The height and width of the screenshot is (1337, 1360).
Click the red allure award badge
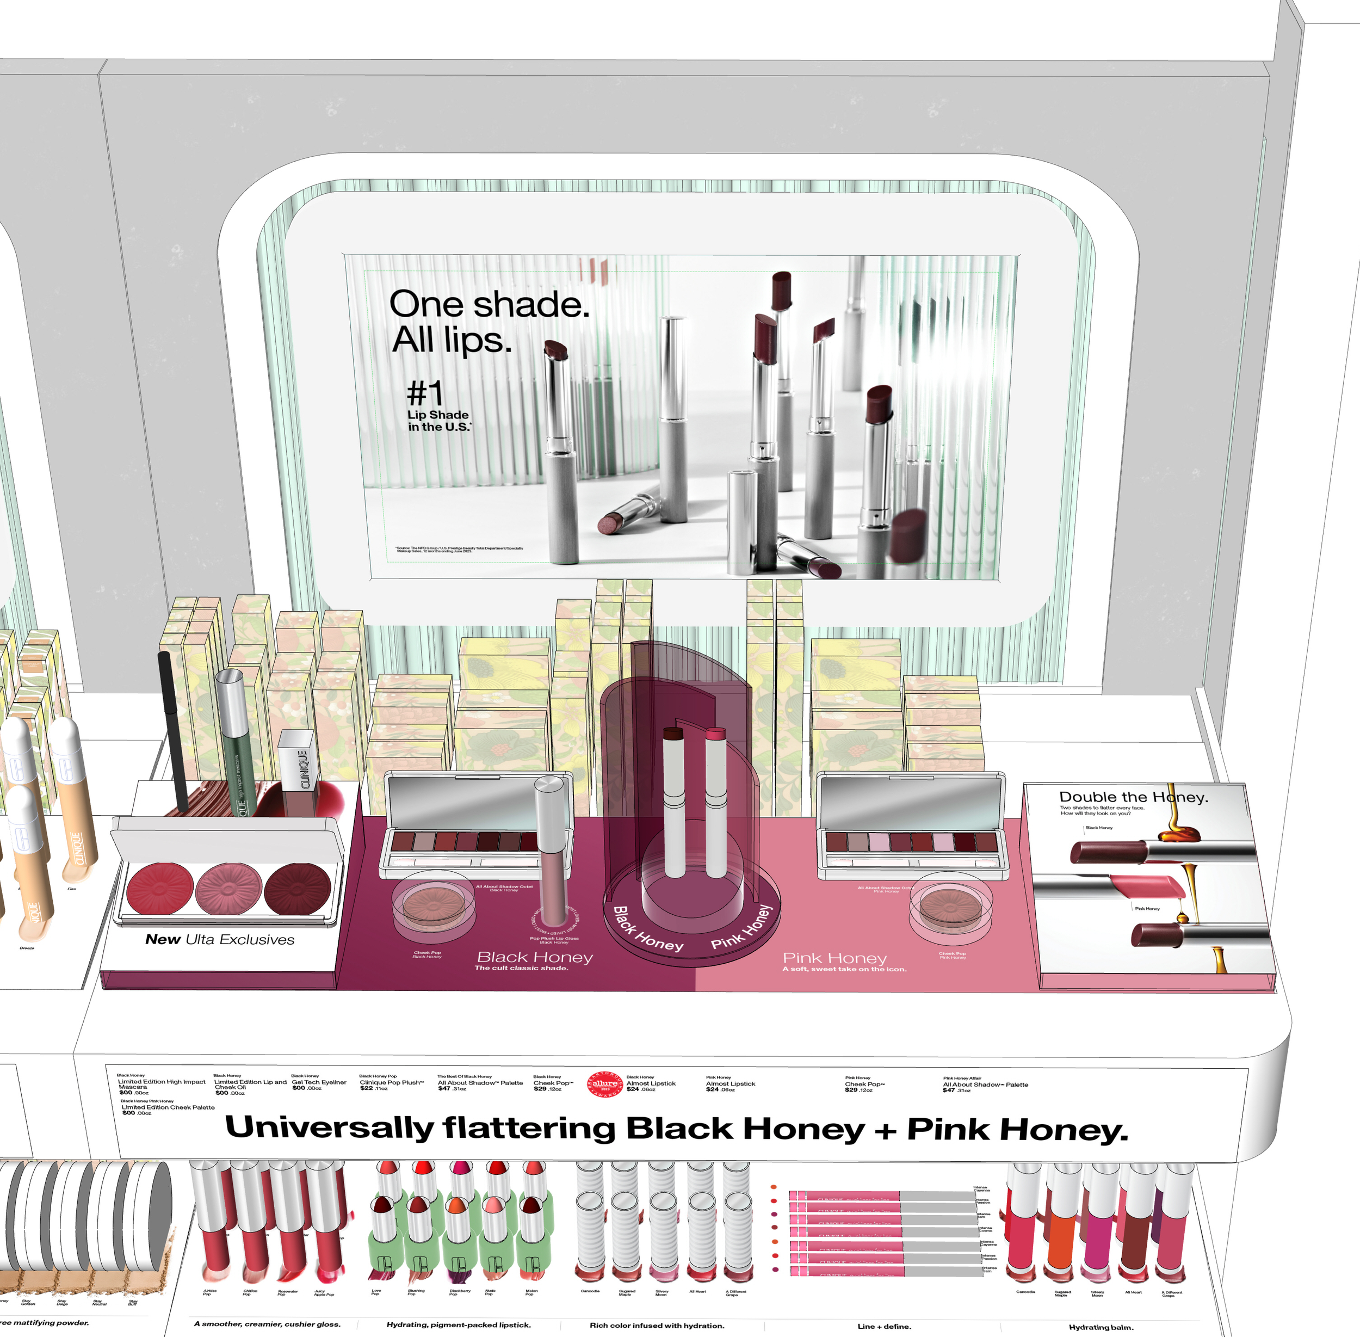pos(604,1083)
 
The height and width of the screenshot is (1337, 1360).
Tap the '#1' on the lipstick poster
pos(425,392)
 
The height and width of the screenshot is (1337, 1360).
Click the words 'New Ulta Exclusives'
pos(220,940)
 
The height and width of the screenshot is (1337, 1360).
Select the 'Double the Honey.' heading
pos(1133,797)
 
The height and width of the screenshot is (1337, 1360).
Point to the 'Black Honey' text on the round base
pos(647,929)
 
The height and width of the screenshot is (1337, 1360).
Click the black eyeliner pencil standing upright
pos(172,730)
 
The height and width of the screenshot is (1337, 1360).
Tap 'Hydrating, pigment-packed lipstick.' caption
pos(459,1325)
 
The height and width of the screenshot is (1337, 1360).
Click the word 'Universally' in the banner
pos(329,1127)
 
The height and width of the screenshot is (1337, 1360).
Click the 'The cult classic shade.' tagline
pos(521,968)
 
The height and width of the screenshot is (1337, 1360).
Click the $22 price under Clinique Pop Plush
pos(367,1088)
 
